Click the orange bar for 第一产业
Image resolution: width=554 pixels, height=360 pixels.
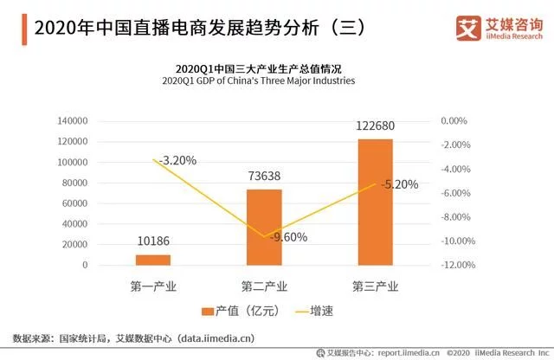click(153, 260)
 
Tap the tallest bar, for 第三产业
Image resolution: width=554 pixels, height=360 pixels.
click(375, 202)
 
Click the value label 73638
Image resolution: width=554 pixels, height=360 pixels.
click(264, 176)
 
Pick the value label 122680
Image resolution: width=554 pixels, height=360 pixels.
click(374, 125)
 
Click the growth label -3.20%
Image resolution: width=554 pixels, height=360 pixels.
click(176, 160)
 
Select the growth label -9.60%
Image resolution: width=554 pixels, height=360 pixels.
click(287, 237)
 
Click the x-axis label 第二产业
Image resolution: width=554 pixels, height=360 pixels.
click(264, 285)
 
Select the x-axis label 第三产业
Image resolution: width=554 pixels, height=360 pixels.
click(375, 285)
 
